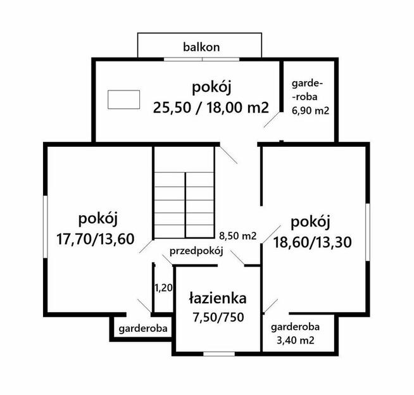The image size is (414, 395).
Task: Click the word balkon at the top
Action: (201, 46)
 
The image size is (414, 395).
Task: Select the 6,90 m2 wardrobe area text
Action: (310, 110)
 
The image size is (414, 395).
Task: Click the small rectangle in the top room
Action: (123, 99)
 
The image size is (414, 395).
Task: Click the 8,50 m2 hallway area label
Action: (237, 236)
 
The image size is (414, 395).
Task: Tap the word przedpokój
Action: (198, 251)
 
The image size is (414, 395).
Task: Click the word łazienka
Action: (218, 298)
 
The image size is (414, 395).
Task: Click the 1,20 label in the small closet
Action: (163, 288)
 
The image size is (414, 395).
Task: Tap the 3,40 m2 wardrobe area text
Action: (294, 341)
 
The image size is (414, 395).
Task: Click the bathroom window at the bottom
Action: (218, 353)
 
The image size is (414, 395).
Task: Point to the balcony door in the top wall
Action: (202, 60)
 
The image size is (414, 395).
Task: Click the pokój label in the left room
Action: (99, 219)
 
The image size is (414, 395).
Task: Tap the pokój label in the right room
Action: (311, 222)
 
